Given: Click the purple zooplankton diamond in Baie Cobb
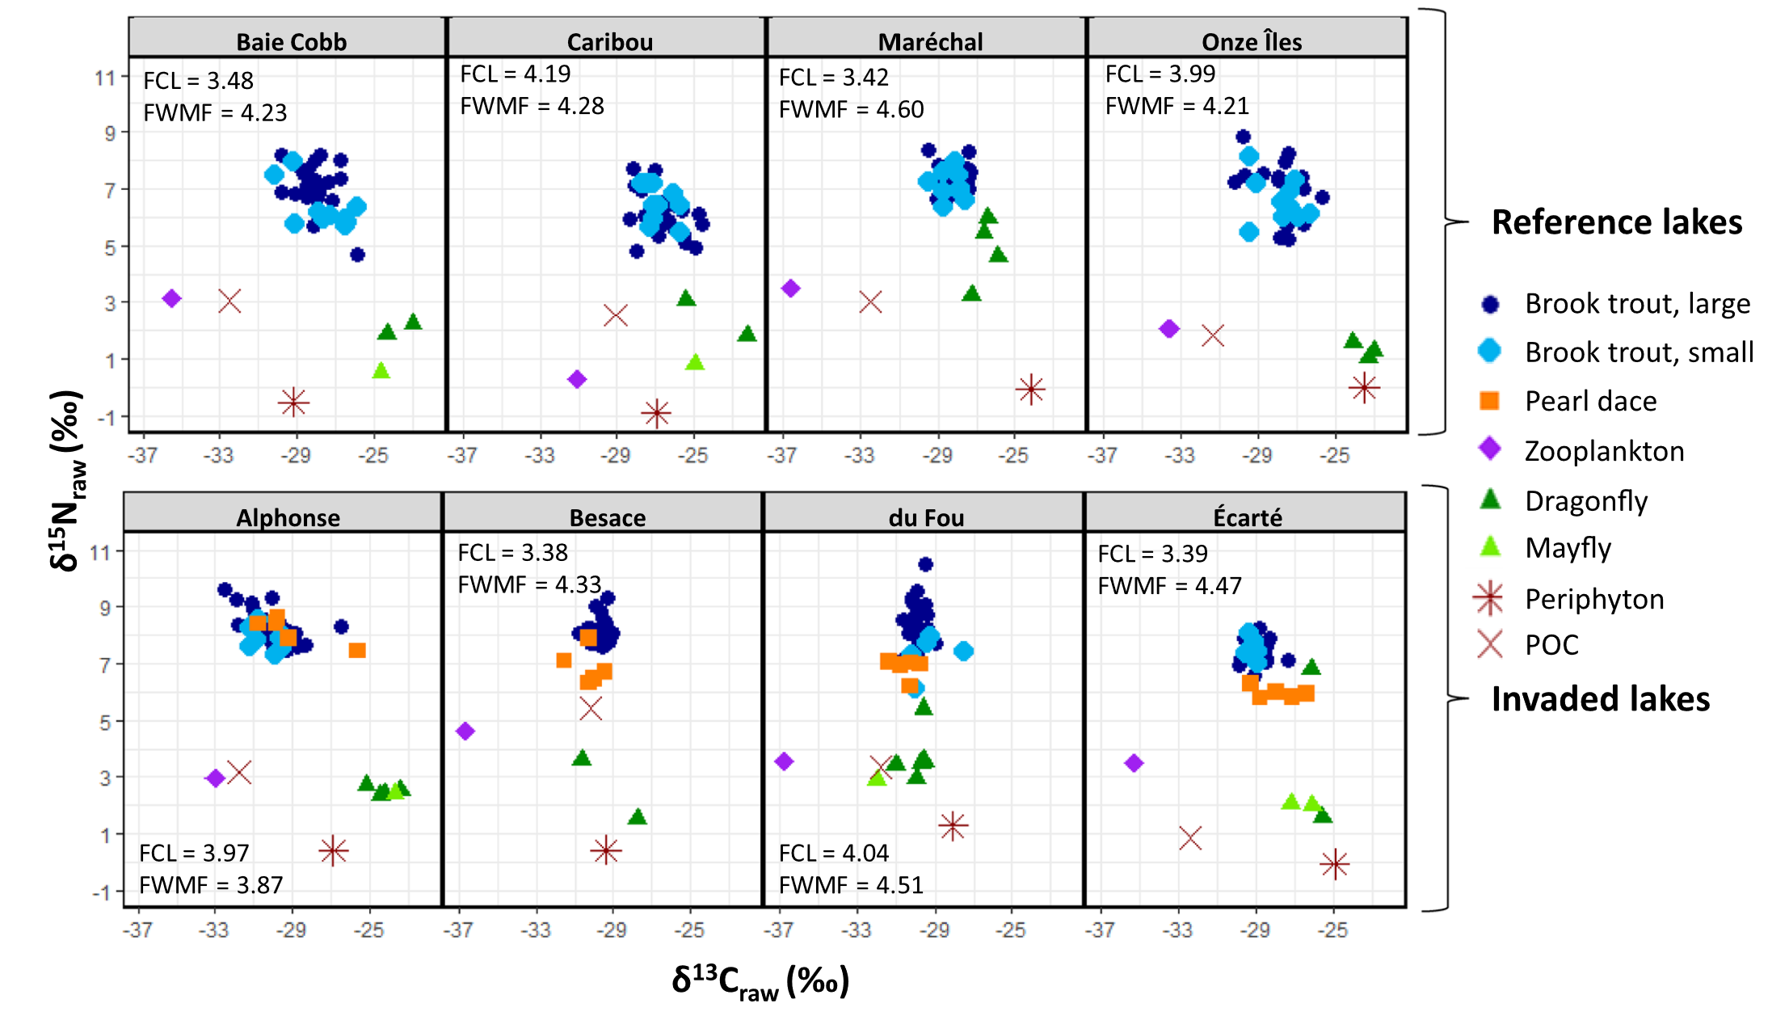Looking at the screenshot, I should tap(171, 298).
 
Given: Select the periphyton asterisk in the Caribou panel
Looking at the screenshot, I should tap(656, 414).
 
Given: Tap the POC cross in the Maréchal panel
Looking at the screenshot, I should tap(870, 302).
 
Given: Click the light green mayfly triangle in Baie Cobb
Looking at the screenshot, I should tap(381, 371).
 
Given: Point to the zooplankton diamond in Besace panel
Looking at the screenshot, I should tap(465, 731).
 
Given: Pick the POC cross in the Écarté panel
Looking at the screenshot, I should tap(1189, 838).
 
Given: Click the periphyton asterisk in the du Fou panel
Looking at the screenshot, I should tap(953, 826).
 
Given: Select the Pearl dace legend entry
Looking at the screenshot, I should tap(1589, 401).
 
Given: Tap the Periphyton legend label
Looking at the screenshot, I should tap(1593, 599).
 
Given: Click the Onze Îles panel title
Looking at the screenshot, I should tap(1251, 41).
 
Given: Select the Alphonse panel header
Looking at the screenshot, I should tap(288, 517).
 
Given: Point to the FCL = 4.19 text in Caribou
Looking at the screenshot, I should tap(515, 74).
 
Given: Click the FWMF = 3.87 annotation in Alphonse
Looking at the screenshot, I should tap(211, 884).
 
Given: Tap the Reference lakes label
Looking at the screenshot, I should tap(1616, 221).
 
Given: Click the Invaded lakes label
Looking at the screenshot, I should tap(1600, 698).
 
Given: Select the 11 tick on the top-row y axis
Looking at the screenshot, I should tap(104, 78).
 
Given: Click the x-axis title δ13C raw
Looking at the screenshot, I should tap(760, 981).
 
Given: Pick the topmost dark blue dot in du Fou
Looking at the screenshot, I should tap(925, 564).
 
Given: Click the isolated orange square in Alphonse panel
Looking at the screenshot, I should tap(357, 650).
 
